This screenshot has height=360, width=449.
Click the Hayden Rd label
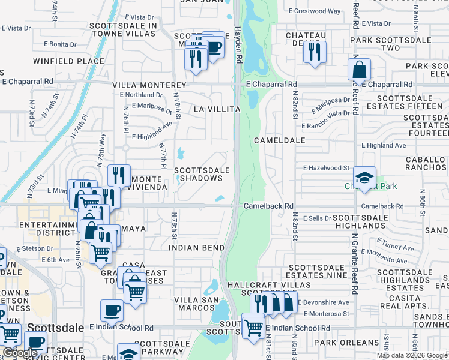point(238,44)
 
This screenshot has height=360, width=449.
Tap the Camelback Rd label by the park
point(268,206)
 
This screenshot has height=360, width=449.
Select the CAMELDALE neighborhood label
point(279,140)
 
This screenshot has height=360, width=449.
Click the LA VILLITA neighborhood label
point(217,109)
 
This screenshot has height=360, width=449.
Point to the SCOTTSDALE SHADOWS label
point(202,174)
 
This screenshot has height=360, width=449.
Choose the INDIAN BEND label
point(196,247)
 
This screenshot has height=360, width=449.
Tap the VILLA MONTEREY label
point(149,85)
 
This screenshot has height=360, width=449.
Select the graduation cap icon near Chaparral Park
point(364,178)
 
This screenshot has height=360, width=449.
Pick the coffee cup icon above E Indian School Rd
point(112,310)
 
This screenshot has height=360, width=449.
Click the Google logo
point(19,353)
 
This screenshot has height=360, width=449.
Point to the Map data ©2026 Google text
point(411,355)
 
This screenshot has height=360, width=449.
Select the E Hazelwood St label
point(327,169)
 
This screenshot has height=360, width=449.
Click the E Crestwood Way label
point(315,11)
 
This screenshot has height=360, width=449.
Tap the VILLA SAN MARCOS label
point(194,304)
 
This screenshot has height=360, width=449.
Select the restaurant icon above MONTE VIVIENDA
point(119,175)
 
